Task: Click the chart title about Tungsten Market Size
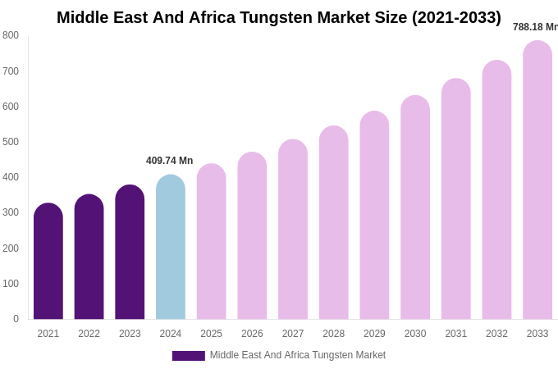279,17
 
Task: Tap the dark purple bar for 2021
48,262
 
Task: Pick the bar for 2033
537,180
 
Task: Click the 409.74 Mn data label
169,161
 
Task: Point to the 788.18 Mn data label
535,27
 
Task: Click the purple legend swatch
188,356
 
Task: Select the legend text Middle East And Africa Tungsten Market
297,355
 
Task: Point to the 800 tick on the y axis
11,35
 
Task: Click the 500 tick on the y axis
11,142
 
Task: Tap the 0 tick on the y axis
16,319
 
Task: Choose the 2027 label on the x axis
293,334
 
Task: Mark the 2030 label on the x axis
415,334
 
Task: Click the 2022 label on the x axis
89,334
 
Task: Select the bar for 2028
334,223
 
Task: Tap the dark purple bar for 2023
130,253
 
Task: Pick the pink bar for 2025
212,242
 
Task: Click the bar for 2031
456,199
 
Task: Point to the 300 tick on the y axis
11,212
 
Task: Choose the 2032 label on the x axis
496,334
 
